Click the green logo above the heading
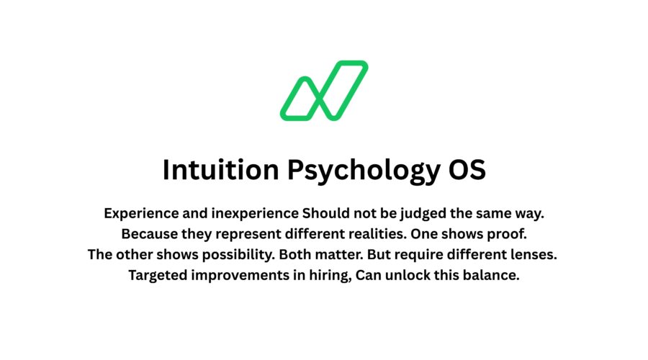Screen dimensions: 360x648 point(324,90)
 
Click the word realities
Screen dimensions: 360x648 point(371,234)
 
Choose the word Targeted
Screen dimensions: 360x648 point(158,275)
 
